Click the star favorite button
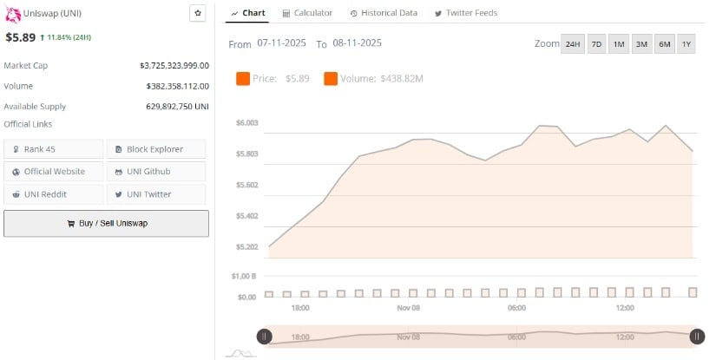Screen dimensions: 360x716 click(x=198, y=13)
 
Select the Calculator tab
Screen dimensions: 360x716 click(x=307, y=13)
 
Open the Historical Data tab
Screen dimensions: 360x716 click(x=384, y=13)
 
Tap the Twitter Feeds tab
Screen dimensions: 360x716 click(x=465, y=13)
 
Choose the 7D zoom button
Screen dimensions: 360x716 click(x=596, y=44)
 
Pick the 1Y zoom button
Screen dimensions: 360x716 click(x=686, y=44)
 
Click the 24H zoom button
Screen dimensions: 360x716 click(x=573, y=44)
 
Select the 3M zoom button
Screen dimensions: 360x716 click(x=641, y=44)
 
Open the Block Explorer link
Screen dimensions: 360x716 click(x=156, y=149)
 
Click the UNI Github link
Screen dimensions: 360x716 click(x=156, y=172)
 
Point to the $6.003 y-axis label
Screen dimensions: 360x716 click(x=246, y=123)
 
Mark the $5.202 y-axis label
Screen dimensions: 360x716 click(x=246, y=247)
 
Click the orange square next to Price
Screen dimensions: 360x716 click(x=243, y=79)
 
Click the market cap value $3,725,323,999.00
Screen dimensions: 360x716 click(x=174, y=65)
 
